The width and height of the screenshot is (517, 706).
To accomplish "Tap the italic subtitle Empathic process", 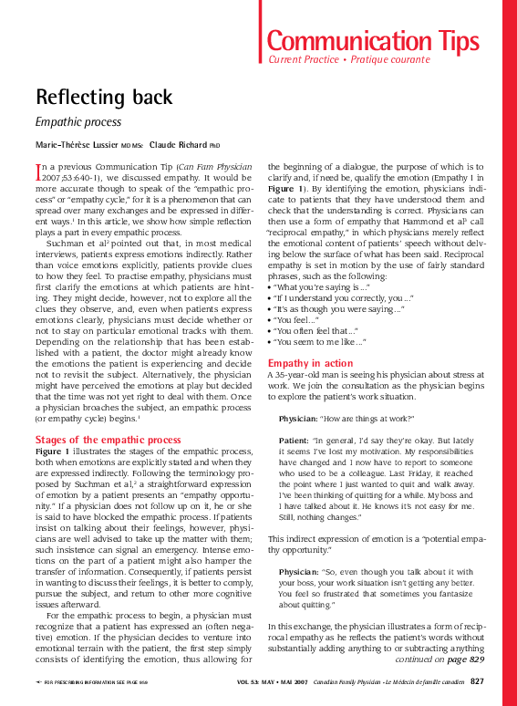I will point(78,121).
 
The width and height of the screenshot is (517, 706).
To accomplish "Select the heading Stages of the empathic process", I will point(108,440).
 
